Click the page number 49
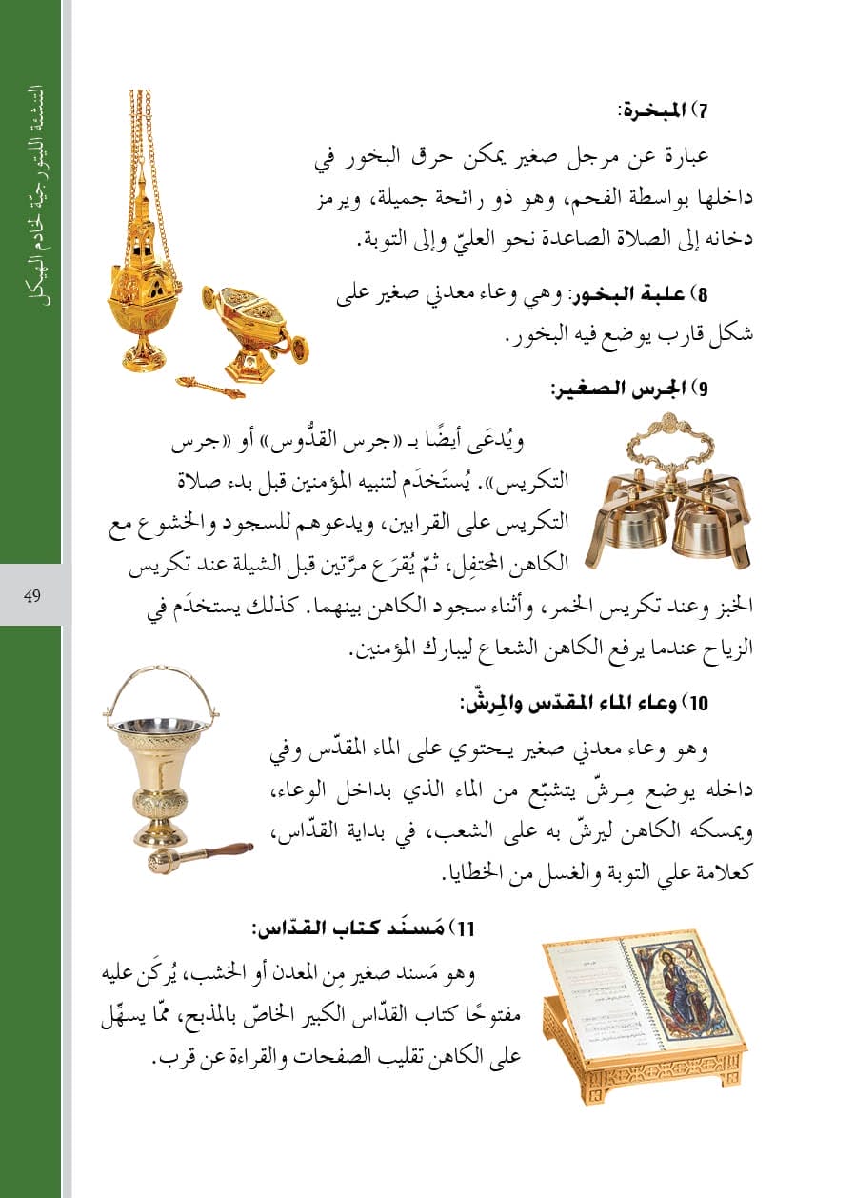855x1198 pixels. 31,595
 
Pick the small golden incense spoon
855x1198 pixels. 210,386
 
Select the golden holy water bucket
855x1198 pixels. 159,771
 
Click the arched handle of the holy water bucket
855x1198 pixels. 160,681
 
